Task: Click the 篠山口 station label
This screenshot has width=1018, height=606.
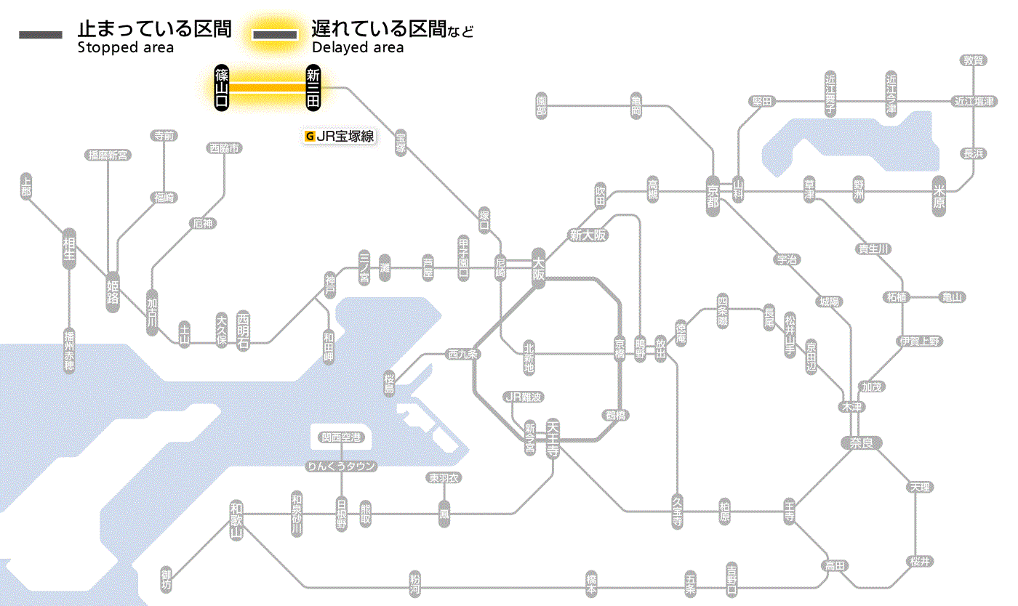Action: point(222,88)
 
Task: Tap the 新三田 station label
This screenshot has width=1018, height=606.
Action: point(313,88)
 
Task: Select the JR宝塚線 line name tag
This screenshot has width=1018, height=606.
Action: point(340,136)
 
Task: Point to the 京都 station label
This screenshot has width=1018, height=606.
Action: point(713,193)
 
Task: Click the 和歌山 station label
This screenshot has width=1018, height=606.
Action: point(236,520)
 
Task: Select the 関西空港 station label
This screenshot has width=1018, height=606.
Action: point(342,437)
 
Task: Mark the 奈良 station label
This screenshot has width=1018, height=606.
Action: point(860,443)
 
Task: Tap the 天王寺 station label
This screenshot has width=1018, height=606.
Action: point(553,439)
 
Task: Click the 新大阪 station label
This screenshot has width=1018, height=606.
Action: point(588,235)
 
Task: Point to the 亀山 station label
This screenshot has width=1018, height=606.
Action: point(952,296)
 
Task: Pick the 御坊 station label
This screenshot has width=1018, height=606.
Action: point(167,580)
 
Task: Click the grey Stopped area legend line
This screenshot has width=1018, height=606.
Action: point(41,35)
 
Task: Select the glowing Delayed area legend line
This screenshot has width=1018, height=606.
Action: point(274,35)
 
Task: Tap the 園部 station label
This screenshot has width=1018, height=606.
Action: point(541,105)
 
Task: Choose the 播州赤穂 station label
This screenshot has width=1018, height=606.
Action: point(69,351)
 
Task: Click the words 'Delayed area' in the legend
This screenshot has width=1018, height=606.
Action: point(357,48)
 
